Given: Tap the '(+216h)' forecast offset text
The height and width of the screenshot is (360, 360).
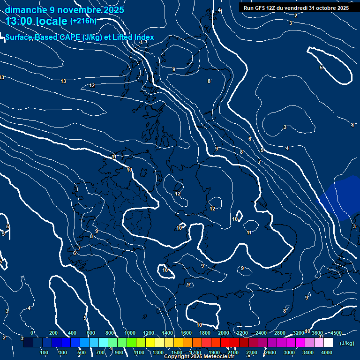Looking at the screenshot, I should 83,21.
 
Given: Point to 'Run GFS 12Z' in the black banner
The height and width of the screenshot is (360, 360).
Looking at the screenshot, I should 260,8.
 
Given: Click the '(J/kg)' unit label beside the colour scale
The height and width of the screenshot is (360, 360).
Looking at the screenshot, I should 347,344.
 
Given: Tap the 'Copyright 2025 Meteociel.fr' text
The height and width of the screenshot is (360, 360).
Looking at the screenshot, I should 199,357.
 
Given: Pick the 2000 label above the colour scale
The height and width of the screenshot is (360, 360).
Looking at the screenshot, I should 224,333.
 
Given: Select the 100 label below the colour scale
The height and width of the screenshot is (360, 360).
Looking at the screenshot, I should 44,352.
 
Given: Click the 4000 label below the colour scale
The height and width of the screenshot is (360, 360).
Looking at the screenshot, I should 327,352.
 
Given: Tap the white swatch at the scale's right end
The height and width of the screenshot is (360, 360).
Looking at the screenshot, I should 328,343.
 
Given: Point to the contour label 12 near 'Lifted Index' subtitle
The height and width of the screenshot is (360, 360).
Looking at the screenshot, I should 92,85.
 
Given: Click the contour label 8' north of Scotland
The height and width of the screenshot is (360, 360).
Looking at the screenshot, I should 210,81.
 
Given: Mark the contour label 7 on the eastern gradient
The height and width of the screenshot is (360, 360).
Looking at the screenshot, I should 259,162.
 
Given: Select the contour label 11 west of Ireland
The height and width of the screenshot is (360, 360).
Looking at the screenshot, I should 114,157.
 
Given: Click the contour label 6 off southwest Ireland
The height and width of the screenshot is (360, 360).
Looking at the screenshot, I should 75,253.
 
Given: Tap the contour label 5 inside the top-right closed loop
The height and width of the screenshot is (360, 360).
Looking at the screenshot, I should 321,68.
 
